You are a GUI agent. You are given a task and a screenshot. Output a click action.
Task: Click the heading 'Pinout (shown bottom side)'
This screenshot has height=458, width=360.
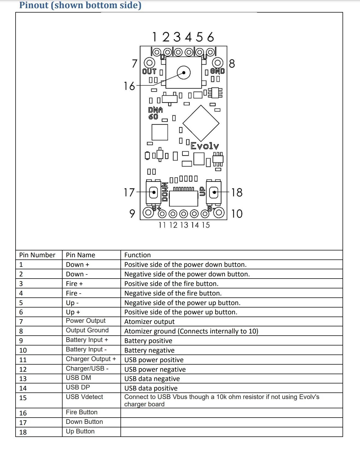click(x=80, y=5)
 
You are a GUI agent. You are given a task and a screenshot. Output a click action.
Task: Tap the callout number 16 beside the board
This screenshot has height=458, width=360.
click(x=129, y=86)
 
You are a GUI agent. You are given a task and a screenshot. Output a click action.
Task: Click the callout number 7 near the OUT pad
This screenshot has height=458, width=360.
click(x=134, y=64)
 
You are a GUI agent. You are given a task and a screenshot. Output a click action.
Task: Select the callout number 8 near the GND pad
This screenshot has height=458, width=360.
click(x=232, y=64)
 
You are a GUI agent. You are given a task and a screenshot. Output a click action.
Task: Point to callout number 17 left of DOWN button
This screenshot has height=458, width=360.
click(x=129, y=193)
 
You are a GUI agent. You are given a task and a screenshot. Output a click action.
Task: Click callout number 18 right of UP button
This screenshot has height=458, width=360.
click(x=237, y=193)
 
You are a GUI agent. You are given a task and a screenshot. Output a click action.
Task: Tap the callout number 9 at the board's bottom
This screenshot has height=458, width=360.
click(x=132, y=214)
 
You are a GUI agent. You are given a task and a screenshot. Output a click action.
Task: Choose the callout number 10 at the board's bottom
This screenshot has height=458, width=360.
click(x=237, y=214)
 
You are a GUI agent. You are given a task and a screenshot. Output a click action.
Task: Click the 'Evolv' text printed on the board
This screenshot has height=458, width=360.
click(x=205, y=146)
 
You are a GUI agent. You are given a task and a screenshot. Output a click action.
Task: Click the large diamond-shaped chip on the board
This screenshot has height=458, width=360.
click(x=201, y=123)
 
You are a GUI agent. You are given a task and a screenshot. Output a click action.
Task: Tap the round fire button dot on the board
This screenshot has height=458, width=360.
click(x=184, y=73)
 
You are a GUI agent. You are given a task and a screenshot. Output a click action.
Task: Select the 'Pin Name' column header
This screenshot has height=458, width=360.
click(x=81, y=255)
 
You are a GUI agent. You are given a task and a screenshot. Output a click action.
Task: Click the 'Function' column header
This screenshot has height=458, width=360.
click(x=137, y=255)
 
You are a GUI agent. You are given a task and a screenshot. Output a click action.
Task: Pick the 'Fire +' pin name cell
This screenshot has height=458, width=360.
click(x=74, y=284)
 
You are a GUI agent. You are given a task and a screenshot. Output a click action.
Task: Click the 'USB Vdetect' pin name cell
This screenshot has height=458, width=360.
click(x=84, y=397)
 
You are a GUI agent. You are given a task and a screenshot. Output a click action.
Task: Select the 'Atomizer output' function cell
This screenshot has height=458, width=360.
click(x=149, y=322)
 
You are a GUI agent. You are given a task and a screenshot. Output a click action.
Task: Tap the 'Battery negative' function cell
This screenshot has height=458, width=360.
click(x=149, y=350)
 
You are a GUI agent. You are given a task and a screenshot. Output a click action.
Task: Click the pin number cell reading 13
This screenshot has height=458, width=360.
click(x=23, y=379)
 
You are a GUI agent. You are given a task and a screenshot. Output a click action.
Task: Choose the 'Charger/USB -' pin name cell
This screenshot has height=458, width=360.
click(x=87, y=368)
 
